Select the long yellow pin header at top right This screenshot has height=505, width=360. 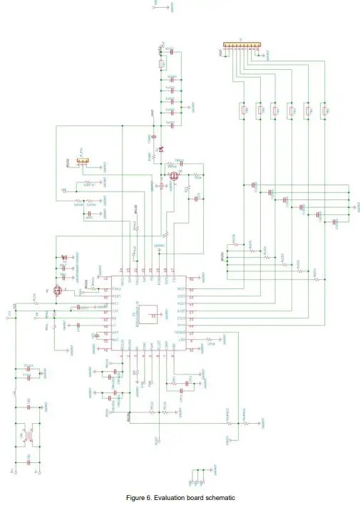(241, 45)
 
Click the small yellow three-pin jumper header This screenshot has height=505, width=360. (83, 162)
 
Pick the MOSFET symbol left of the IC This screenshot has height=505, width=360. (59, 290)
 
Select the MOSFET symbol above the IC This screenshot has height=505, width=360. (174, 175)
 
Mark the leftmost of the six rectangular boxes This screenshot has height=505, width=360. (241, 110)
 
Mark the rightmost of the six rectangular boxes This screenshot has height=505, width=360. (324, 110)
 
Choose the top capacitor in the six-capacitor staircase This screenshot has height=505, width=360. (254, 187)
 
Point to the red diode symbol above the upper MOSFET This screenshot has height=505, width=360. (161, 149)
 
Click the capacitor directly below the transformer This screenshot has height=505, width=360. (29, 461)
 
